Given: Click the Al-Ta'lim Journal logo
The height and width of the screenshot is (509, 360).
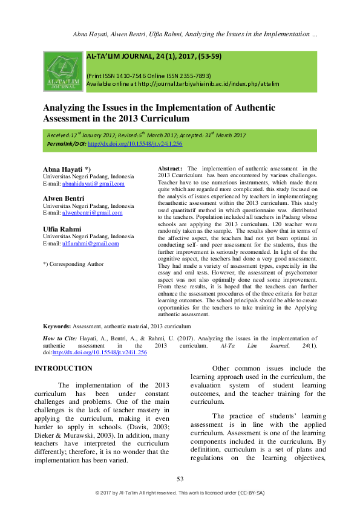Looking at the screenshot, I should coord(64,71).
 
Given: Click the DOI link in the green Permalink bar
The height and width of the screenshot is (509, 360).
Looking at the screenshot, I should coord(135,144).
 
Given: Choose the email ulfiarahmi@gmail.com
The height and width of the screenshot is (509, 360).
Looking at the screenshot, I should coord(91,243).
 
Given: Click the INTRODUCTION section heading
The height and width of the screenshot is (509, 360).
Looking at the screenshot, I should coord(64,368).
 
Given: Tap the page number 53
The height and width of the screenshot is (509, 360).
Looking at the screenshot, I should coord(180,479).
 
